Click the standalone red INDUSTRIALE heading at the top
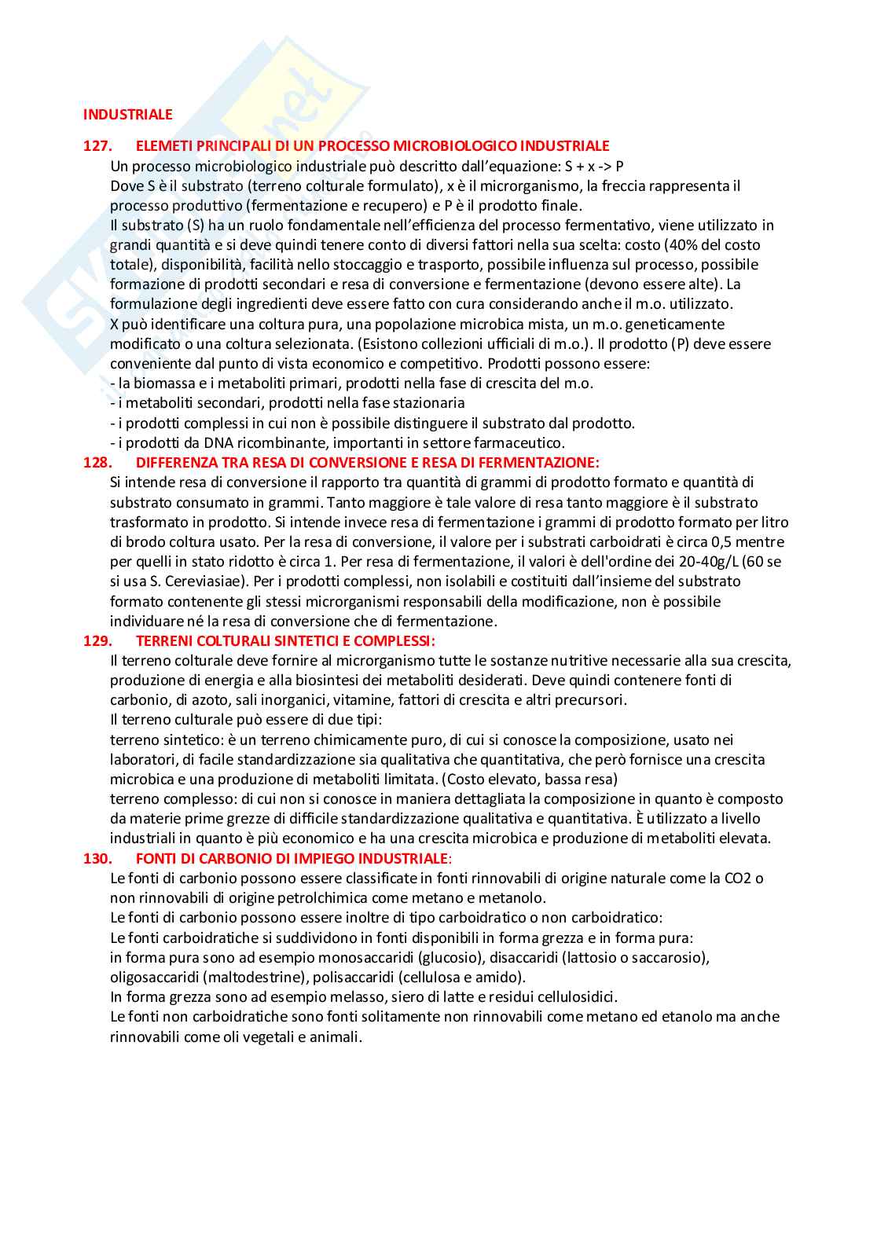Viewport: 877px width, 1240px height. (127, 115)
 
